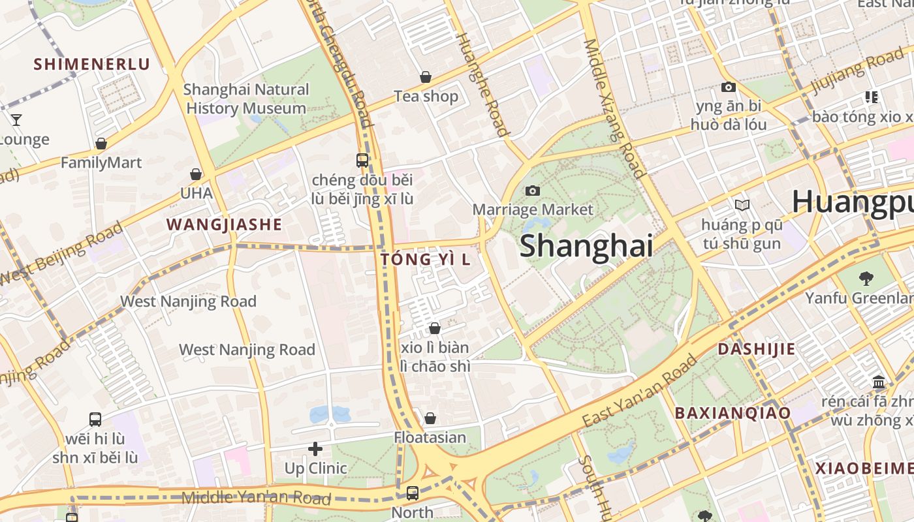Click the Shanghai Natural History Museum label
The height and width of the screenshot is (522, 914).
[x=246, y=99]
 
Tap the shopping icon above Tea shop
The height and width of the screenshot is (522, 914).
[x=426, y=77]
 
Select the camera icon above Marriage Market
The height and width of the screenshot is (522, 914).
[x=533, y=191]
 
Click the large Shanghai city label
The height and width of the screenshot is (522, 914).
[x=586, y=246]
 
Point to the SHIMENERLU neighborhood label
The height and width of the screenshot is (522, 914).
[x=92, y=64]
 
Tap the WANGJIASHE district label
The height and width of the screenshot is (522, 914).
[x=224, y=224]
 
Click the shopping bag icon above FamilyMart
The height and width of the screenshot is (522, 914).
[x=101, y=144]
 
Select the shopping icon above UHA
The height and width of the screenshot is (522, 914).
[x=195, y=174]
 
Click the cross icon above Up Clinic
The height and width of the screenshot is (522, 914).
[x=315, y=449]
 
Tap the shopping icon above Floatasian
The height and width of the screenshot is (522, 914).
[x=430, y=418]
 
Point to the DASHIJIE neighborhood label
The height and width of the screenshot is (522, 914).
[x=757, y=348]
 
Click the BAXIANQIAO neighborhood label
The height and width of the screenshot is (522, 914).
[x=732, y=412]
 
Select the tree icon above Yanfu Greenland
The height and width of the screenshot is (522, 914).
[x=866, y=279]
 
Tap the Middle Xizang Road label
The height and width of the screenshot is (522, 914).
[x=614, y=108]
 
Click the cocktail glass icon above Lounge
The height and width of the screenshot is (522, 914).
[x=16, y=120]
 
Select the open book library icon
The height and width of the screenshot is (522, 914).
[x=742, y=205]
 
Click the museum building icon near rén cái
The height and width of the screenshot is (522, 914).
[x=878, y=382]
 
